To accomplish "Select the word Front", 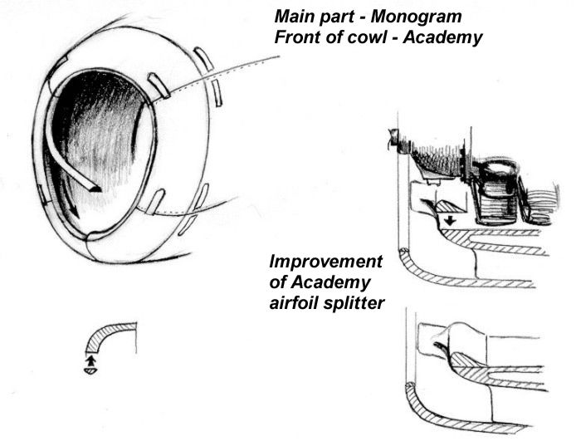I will click(295, 38).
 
